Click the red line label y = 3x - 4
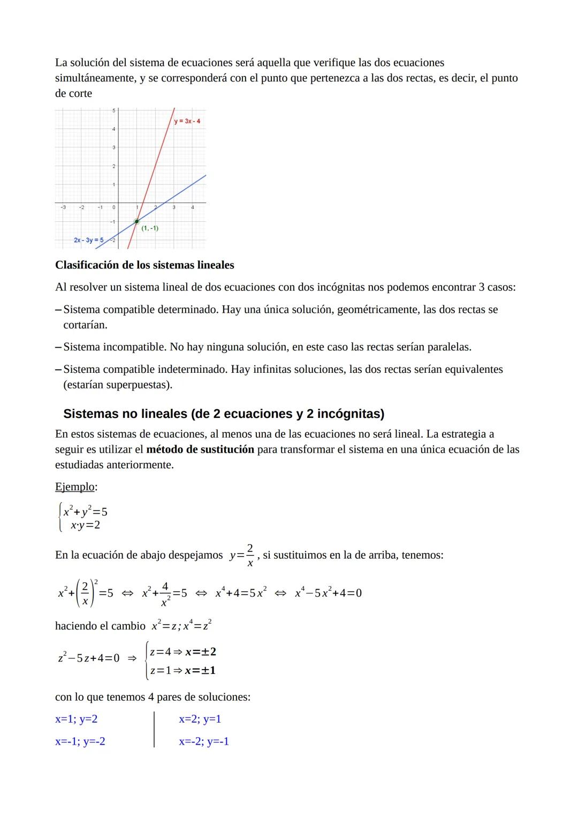[x=187, y=121]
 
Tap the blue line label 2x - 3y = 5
[x=89, y=240]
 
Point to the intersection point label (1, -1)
[x=150, y=228]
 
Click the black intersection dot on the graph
[x=137, y=221]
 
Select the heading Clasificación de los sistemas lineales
[x=144, y=265]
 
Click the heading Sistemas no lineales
[x=224, y=414]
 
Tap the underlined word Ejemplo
[x=75, y=487]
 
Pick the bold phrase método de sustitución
[x=200, y=449]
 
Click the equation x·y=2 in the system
[x=86, y=525]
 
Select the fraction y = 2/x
[x=242, y=555]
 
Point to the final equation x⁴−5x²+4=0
[x=328, y=593]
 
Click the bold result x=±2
[x=200, y=652]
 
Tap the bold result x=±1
[x=200, y=670]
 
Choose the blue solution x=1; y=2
[x=77, y=719]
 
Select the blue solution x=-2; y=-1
[x=204, y=741]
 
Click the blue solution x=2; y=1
[x=200, y=719]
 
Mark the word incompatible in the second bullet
[x=134, y=347]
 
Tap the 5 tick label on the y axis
[x=113, y=110]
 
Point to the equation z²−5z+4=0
[x=88, y=658]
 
